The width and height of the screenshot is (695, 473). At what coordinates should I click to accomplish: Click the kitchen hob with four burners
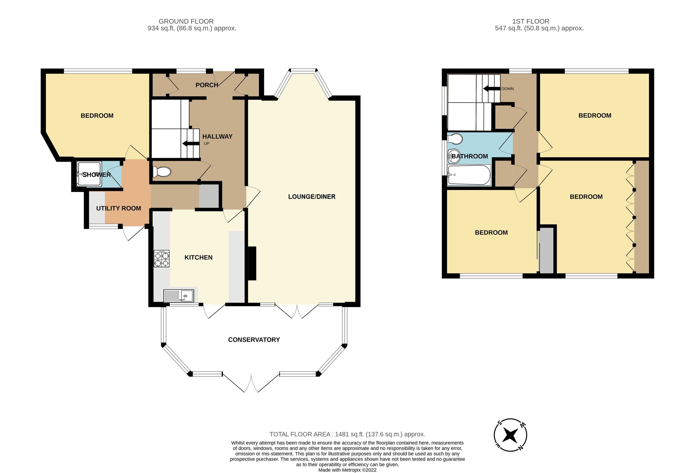coord(162,258)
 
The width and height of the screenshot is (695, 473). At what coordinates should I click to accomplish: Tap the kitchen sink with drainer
coord(179,295)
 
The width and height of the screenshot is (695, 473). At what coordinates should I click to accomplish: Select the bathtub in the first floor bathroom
coord(469,175)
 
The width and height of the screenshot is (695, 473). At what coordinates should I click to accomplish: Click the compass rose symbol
coord(510,435)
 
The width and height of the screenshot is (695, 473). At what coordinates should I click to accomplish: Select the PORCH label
coord(207,85)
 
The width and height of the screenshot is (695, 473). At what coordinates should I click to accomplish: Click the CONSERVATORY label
coord(254,339)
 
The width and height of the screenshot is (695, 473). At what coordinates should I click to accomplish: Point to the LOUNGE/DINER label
coord(312,197)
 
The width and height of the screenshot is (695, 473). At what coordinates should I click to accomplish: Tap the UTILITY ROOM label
coord(118,208)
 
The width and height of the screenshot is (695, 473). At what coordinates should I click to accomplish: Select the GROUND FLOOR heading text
coord(186,21)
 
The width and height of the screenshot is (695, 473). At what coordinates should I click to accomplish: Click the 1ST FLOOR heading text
coord(531,21)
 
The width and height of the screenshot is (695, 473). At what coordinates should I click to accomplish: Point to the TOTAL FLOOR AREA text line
coord(347,434)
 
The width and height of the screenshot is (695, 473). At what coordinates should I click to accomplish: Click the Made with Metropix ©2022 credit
coord(347,470)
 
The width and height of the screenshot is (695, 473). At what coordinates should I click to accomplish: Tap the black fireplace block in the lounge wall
coord(252,263)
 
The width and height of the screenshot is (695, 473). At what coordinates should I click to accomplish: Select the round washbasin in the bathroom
coord(454,156)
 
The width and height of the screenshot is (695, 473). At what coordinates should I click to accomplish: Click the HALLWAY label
coord(217,136)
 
